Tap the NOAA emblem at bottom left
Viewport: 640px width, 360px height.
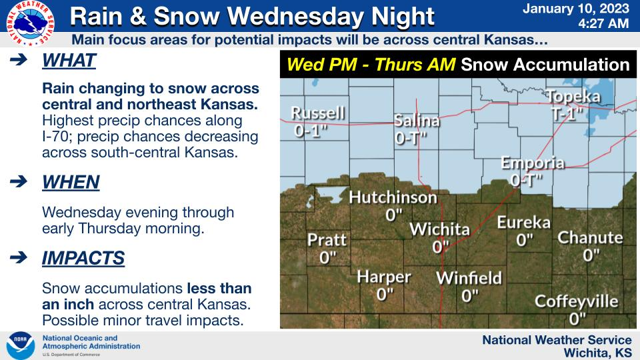[x=21, y=345]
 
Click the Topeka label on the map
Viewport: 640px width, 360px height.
[x=573, y=97]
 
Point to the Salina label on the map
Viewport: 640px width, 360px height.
[x=417, y=121]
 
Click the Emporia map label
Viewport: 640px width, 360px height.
[x=533, y=163]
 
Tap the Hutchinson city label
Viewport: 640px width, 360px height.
[x=393, y=197]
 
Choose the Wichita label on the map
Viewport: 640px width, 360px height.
[x=439, y=230]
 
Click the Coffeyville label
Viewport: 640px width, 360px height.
[x=577, y=301]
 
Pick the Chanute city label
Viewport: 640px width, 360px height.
[x=590, y=237]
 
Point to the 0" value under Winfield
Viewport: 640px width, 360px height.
[x=470, y=295]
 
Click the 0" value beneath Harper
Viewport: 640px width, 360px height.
[x=385, y=293]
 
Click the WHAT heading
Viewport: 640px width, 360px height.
[x=69, y=61]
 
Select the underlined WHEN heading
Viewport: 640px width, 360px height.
[x=70, y=181]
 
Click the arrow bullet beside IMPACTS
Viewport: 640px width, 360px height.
[x=19, y=257]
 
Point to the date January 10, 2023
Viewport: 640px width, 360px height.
[x=576, y=9]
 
